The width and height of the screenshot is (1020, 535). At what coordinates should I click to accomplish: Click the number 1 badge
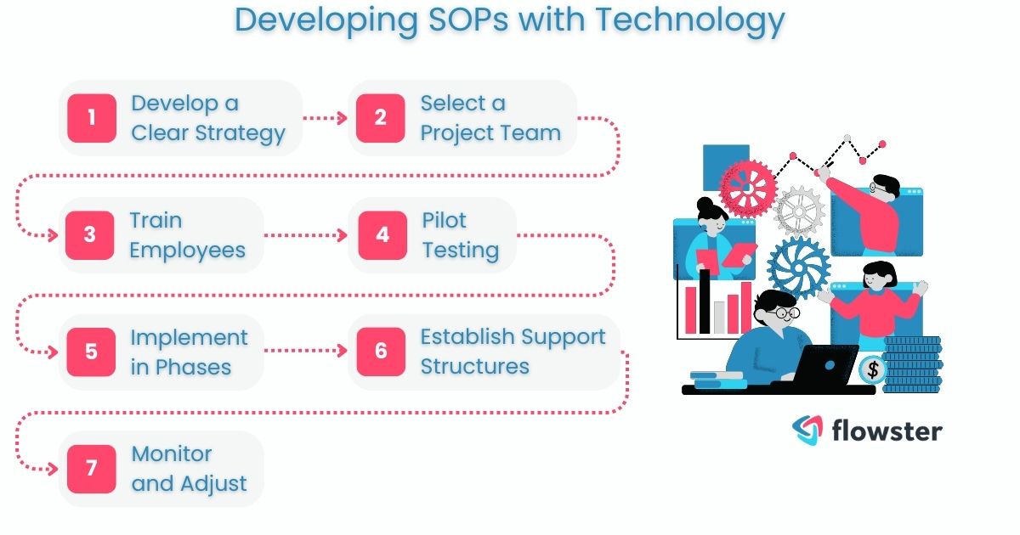(91, 118)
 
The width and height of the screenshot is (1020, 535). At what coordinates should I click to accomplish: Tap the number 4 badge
(382, 235)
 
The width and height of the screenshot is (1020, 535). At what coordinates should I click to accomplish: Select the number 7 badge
(91, 469)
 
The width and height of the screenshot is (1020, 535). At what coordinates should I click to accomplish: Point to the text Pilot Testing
(460, 235)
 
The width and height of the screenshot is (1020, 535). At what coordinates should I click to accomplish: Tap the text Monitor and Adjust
(189, 469)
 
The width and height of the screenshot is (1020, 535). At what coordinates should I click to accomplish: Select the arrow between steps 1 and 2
(325, 118)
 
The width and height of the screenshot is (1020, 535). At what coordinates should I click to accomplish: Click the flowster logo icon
(807, 431)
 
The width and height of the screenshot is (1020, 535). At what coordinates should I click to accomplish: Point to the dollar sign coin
(870, 369)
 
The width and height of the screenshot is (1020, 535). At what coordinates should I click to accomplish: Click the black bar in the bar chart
(705, 301)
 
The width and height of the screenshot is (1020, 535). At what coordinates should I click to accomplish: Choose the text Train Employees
(187, 235)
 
